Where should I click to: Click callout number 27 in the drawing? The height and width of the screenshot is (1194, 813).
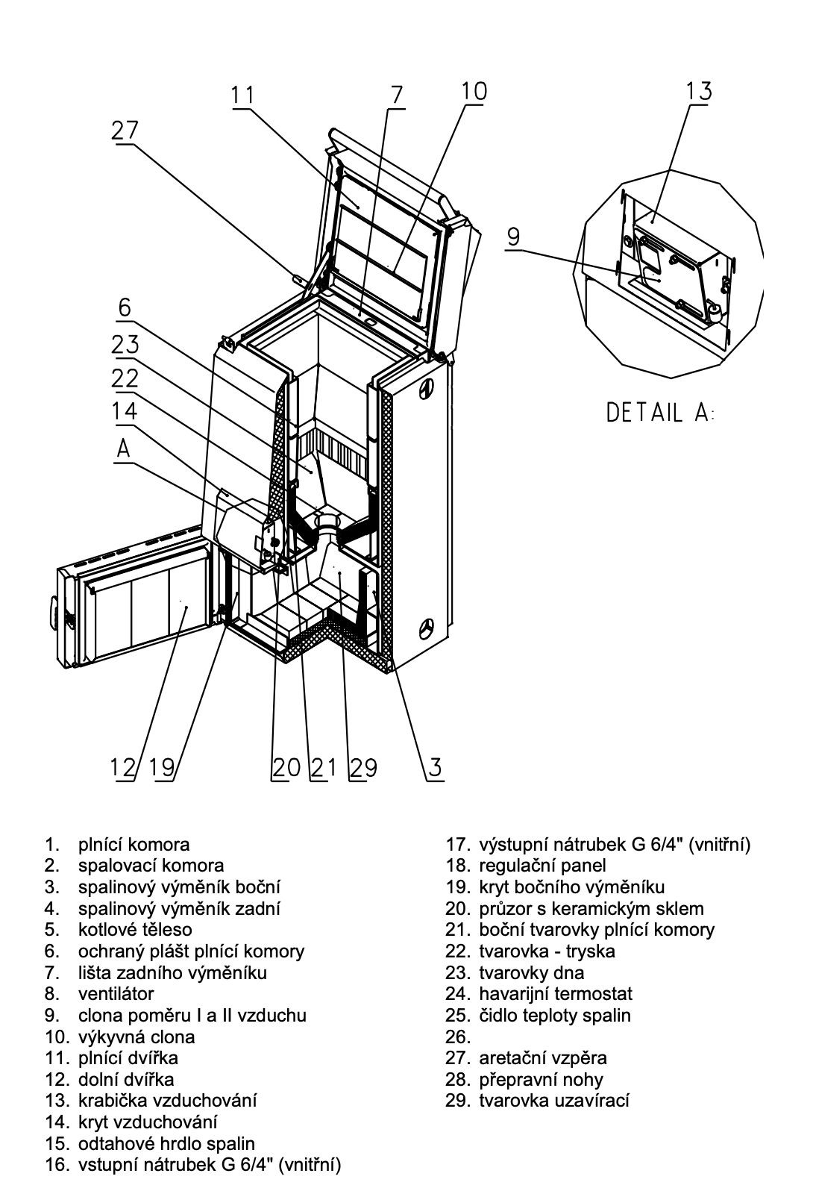click(x=125, y=131)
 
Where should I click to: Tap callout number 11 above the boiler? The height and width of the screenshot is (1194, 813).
click(x=242, y=96)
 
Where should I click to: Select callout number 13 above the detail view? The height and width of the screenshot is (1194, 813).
click(x=699, y=90)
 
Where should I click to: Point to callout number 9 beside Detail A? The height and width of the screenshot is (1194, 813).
click(x=513, y=237)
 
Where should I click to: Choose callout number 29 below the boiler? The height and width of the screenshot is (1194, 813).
click(x=363, y=767)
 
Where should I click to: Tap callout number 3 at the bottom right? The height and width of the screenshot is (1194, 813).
click(x=435, y=767)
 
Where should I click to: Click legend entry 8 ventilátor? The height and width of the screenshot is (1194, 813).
click(x=116, y=993)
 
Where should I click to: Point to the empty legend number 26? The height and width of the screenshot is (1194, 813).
click(x=457, y=1037)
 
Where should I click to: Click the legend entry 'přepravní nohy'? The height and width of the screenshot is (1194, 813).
click(x=540, y=1079)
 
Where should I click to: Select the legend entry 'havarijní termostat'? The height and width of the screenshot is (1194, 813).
click(x=554, y=993)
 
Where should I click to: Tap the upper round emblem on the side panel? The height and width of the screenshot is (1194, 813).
click(x=427, y=389)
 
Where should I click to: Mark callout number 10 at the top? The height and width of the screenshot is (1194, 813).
click(x=474, y=90)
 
